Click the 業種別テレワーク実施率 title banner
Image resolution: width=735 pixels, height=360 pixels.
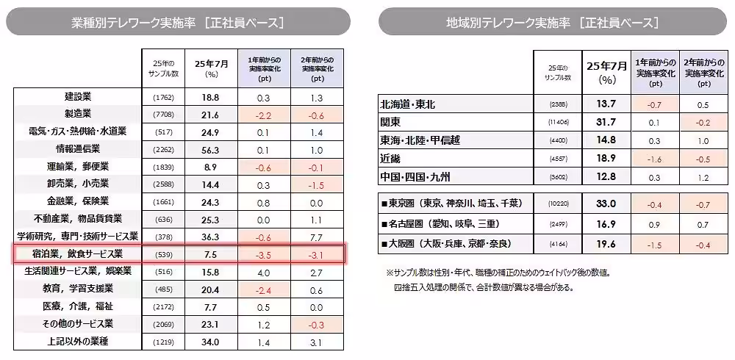click(178, 22)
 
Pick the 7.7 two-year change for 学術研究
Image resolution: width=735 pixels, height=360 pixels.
click(318, 237)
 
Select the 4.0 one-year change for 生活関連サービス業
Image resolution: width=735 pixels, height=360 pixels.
click(265, 272)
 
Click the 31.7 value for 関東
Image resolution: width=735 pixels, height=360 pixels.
click(606, 122)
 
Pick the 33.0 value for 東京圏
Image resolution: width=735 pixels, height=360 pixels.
click(606, 204)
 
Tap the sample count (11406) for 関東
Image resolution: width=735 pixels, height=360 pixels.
click(559, 122)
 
